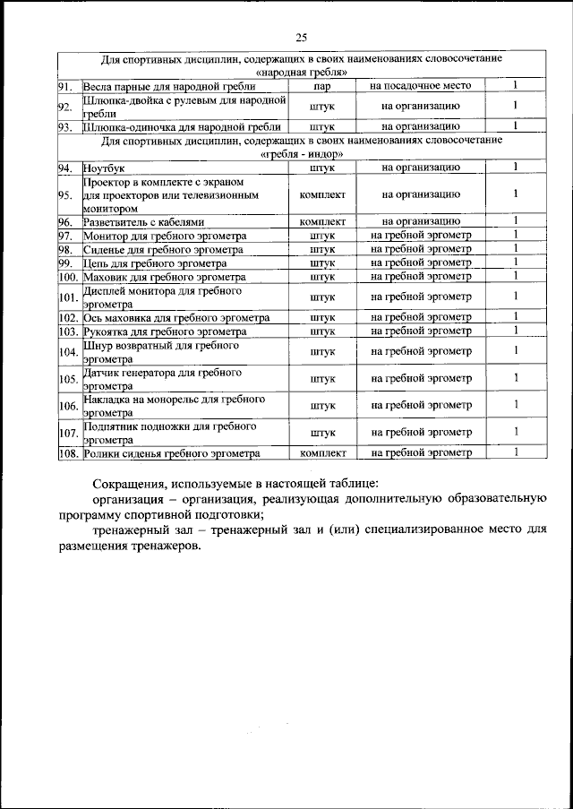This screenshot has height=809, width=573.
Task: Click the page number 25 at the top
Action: [301, 37]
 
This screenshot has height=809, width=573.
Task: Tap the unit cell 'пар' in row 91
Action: [322, 86]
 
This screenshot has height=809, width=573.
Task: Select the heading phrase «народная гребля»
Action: [300, 72]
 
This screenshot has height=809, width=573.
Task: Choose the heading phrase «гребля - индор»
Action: [300, 154]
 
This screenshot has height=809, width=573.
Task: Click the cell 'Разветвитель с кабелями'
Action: [144, 221]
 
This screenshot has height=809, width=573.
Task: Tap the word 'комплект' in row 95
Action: [322, 194]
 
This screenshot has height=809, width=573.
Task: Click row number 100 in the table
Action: [68, 277]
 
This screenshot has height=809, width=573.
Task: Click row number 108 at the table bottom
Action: [68, 453]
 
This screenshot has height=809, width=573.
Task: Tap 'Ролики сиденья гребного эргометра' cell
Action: [166, 453]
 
